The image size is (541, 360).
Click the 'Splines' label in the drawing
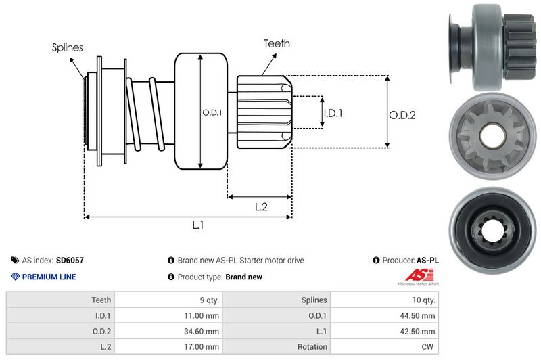[x=67, y=47]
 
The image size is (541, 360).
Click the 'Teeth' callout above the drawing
[x=277, y=43]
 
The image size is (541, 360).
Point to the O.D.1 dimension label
[x=212, y=112]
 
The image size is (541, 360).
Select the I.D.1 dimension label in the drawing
[x=333, y=113]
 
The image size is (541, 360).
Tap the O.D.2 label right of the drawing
[x=402, y=115]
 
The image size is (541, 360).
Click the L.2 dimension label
[x=262, y=207]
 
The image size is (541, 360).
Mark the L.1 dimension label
[x=198, y=226]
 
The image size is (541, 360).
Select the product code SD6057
[x=70, y=260]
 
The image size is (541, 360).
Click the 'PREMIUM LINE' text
[x=49, y=277]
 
